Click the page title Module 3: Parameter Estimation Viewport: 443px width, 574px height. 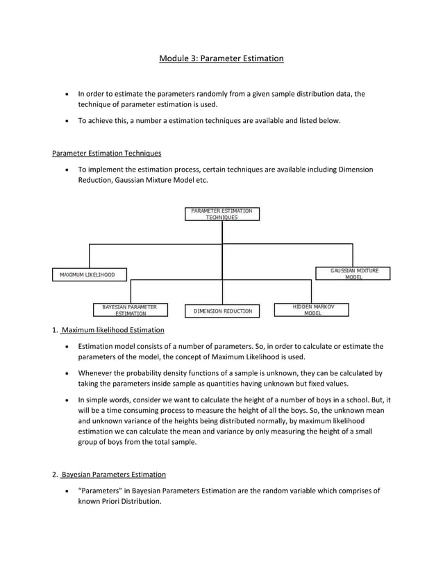(221, 58)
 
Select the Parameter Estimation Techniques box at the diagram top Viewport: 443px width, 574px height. (221, 213)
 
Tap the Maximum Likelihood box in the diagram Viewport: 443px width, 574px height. (83, 274)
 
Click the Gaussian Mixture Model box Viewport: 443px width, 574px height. (353, 273)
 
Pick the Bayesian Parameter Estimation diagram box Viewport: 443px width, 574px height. (130, 310)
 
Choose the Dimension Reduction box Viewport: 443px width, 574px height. (222, 311)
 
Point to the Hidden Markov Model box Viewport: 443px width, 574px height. (312, 310)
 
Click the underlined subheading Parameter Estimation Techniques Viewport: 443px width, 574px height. (107, 153)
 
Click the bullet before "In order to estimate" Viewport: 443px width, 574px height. (66, 94)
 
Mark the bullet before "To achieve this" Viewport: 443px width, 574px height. (66, 121)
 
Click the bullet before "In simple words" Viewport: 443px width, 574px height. (66, 400)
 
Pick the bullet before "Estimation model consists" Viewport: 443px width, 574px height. (66, 346)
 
